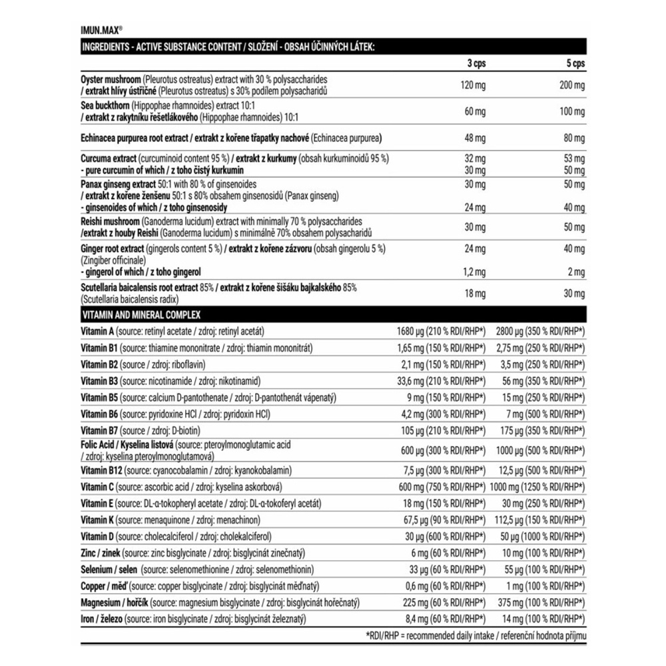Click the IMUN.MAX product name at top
coord(101,30)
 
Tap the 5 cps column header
coord(573,63)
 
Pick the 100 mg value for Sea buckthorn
coord(572,111)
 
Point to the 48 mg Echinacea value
coord(476,138)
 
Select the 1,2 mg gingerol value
coord(474,272)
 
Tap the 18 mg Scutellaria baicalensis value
coord(476,292)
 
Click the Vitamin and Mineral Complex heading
coord(141,314)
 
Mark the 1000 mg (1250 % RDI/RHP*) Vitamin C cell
coord(537,487)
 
